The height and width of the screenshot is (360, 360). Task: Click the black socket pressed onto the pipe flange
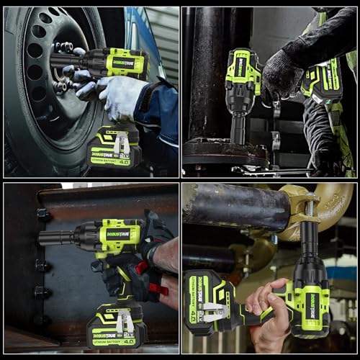click(238, 128)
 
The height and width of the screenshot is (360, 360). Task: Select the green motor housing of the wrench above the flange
click(243, 73)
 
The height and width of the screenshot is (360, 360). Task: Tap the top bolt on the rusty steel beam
click(43, 215)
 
